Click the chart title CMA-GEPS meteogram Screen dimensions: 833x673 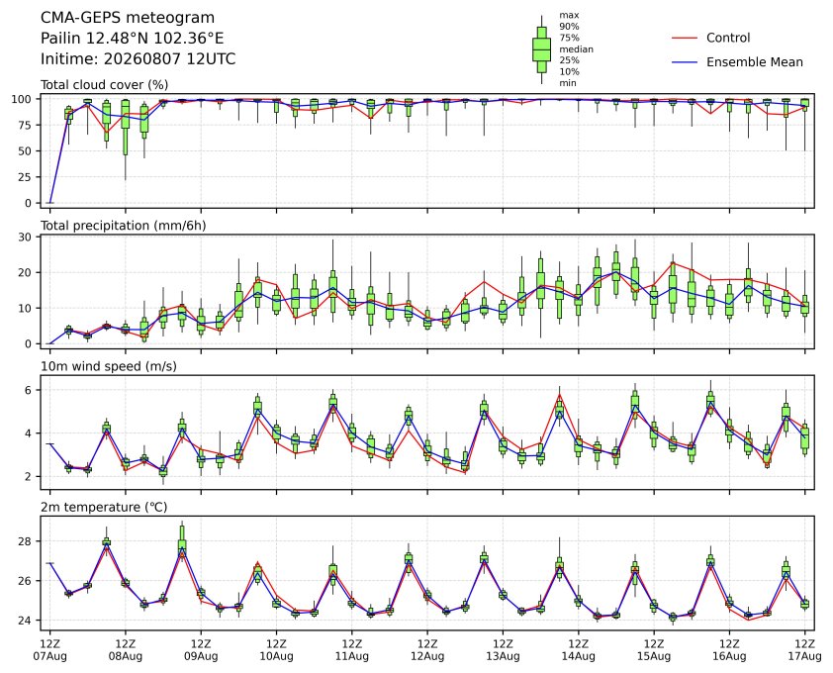pyautogui.click(x=128, y=18)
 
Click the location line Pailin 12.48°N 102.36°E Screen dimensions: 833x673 pyautogui.click(x=133, y=39)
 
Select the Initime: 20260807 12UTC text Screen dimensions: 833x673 pyautogui.click(x=139, y=58)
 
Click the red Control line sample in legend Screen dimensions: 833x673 pyautogui.click(x=685, y=39)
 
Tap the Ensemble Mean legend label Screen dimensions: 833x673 pyautogui.click(x=755, y=62)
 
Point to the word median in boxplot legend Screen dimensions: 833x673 pyautogui.click(x=576, y=48)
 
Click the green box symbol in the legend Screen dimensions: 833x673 pyautogui.click(x=541, y=49)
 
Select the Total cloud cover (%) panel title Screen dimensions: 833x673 pyautogui.click(x=104, y=85)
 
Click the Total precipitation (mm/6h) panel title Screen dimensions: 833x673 pyautogui.click(x=124, y=226)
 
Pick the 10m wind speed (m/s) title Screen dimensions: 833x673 pyautogui.click(x=109, y=366)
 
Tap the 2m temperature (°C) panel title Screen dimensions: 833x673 pyautogui.click(x=104, y=507)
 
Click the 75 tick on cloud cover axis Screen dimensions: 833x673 pyautogui.click(x=25, y=125)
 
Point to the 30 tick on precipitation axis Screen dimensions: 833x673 pyautogui.click(x=25, y=237)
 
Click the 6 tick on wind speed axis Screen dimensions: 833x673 pyautogui.click(x=28, y=390)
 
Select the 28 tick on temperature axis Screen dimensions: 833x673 pyautogui.click(x=25, y=541)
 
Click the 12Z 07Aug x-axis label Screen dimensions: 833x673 pyautogui.click(x=49, y=650)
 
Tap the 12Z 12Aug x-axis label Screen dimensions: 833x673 pyautogui.click(x=427, y=650)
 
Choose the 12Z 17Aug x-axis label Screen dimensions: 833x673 pyautogui.click(x=805, y=650)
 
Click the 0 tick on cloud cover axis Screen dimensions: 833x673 pyautogui.click(x=29, y=203)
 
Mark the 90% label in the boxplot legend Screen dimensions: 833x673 pyautogui.click(x=569, y=27)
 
